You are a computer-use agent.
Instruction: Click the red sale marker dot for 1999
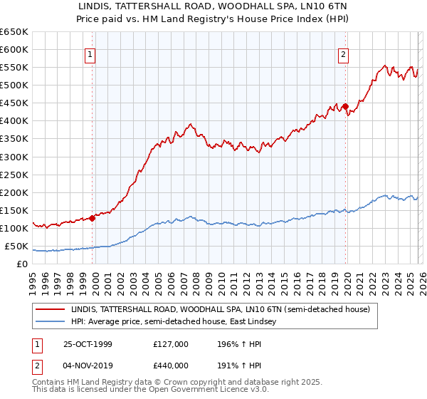93,219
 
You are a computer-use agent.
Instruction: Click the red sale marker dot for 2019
345,107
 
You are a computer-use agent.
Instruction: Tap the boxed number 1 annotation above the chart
91,53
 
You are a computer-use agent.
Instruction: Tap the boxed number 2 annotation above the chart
343,53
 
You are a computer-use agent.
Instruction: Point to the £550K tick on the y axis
14,68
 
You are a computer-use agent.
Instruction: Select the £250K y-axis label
14,175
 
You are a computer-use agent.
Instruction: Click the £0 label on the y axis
21,264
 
